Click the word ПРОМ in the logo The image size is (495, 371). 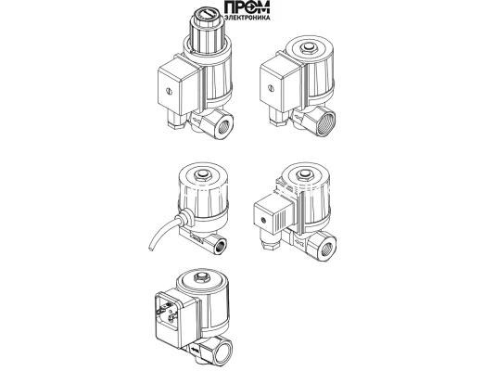tap(247, 7)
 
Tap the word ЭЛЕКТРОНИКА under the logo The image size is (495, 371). tap(247, 18)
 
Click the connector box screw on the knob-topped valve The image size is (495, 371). tap(170, 92)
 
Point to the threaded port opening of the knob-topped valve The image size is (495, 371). tap(224, 124)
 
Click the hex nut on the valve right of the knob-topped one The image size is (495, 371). tap(307, 47)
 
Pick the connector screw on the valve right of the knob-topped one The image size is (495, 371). tap(271, 89)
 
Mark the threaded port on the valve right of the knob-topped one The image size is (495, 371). tap(325, 121)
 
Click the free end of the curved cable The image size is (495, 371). tap(150, 249)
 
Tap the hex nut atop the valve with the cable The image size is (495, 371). tap(202, 175)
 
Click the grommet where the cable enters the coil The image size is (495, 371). tap(185, 217)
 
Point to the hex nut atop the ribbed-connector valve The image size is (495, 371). tap(305, 175)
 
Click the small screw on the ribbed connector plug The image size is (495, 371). tap(262, 219)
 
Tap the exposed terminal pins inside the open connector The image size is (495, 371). tap(170, 313)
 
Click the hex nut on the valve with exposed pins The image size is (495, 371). tap(201, 279)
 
